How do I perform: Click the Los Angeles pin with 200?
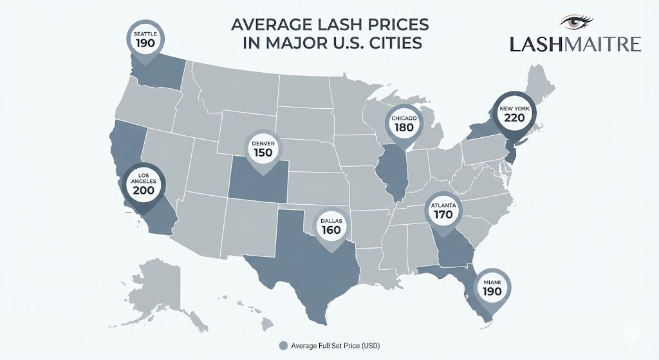tap(143, 185)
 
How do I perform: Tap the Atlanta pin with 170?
tap(443, 211)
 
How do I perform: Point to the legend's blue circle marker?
tap(283, 346)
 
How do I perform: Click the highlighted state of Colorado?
tap(257, 184)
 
